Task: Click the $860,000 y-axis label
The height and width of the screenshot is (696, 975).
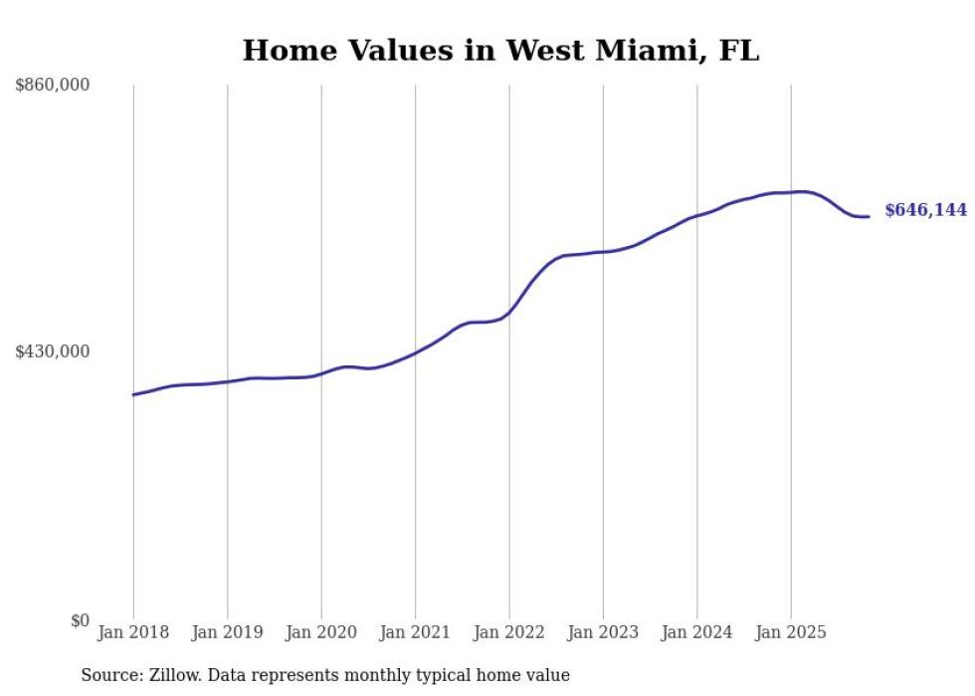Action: (53, 86)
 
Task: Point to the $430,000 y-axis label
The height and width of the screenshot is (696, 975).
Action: (53, 351)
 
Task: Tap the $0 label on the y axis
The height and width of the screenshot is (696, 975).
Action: (80, 620)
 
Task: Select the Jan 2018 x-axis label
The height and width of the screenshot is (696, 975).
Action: (133, 633)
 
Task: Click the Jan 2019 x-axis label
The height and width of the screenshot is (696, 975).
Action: (227, 633)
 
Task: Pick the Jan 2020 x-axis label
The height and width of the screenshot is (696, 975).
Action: (320, 633)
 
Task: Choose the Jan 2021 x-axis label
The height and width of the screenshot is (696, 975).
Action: (415, 633)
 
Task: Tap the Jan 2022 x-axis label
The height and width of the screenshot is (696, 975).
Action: (508, 633)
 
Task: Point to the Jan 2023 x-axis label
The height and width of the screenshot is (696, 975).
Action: (603, 633)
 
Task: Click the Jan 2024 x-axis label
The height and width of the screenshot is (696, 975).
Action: (696, 633)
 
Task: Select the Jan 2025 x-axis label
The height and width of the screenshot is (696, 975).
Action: (791, 633)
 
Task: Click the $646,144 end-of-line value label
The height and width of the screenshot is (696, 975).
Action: (925, 210)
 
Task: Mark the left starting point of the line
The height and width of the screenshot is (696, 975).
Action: (133, 395)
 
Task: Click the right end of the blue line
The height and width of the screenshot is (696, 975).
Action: (869, 216)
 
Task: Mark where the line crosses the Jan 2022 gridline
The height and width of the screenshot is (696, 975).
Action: (509, 313)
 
